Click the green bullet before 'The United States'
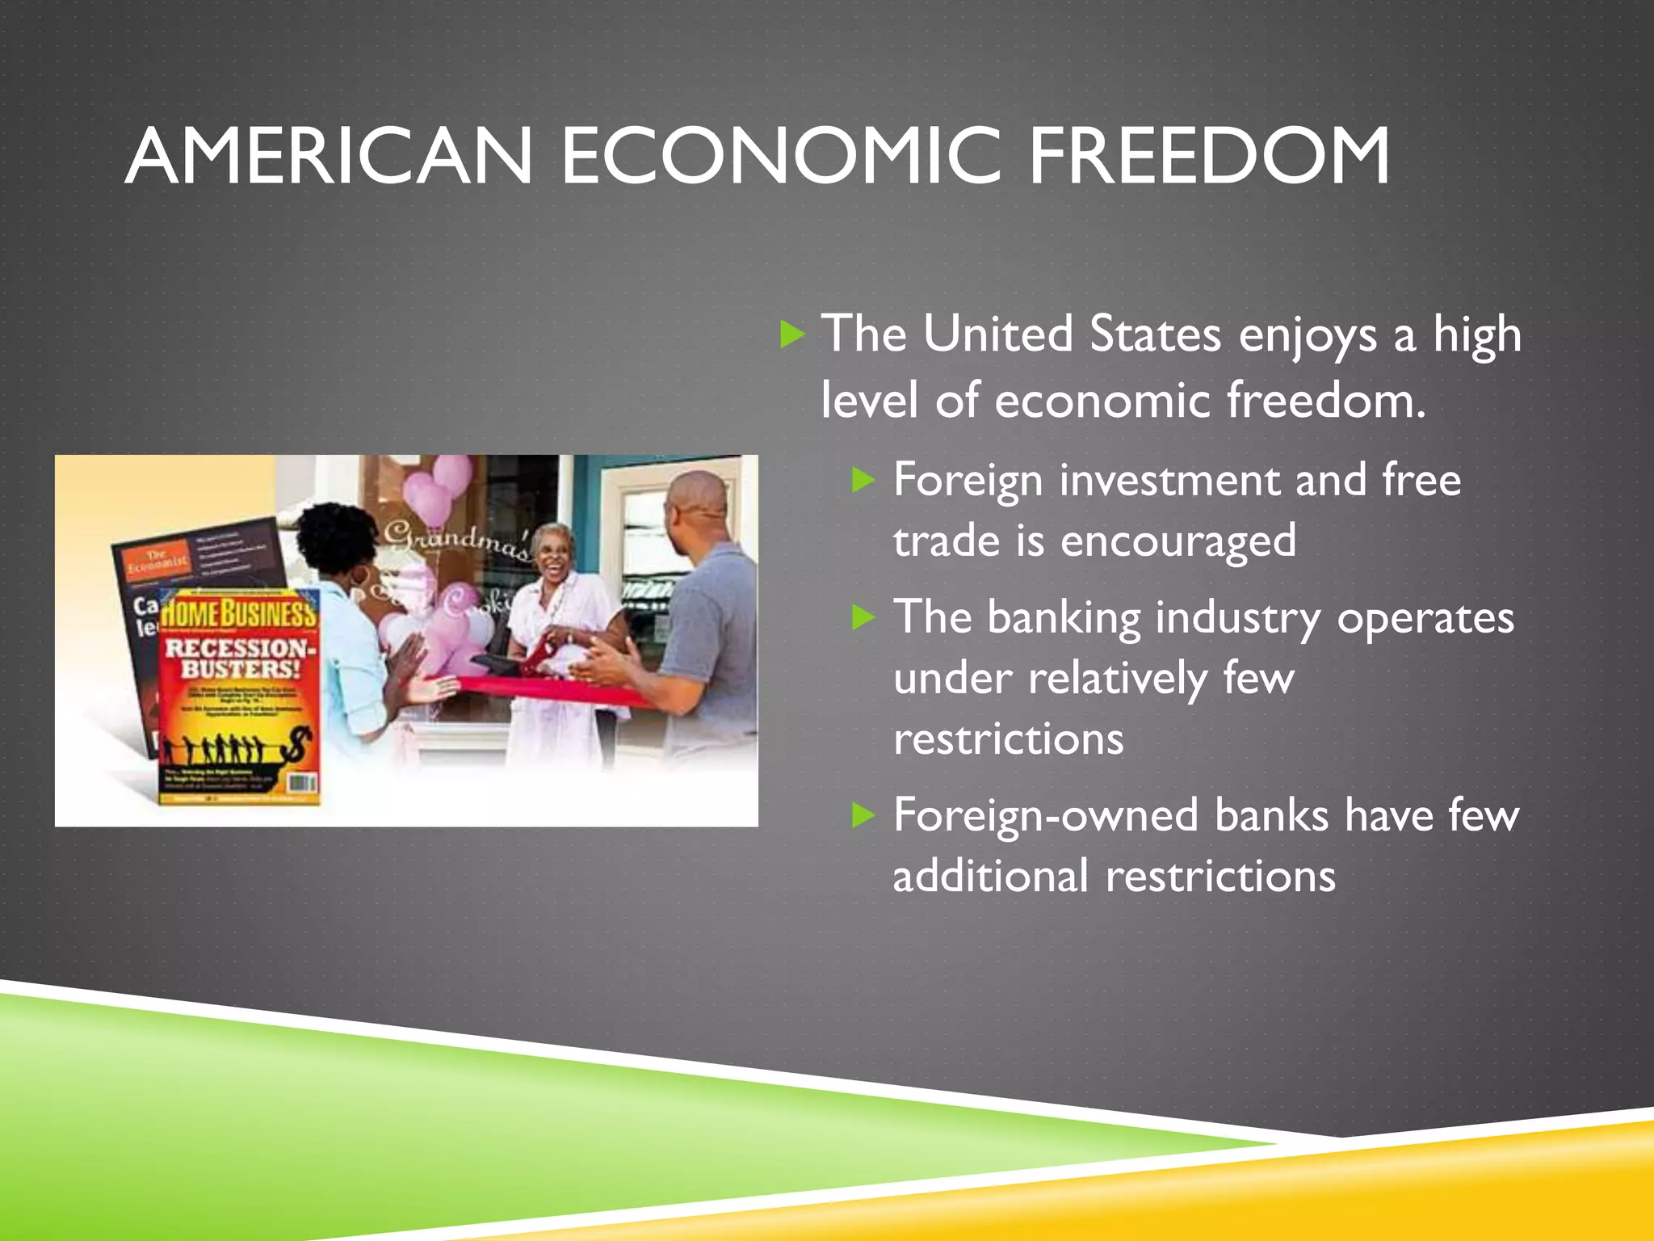[x=793, y=334]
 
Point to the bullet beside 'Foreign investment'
[x=864, y=481]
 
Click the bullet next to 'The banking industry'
[x=864, y=618]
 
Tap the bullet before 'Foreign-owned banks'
[x=864, y=815]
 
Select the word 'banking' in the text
[x=1064, y=619]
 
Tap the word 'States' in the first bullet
[x=1155, y=334]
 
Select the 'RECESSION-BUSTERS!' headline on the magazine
[x=237, y=658]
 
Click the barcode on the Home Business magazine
[x=301, y=782]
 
